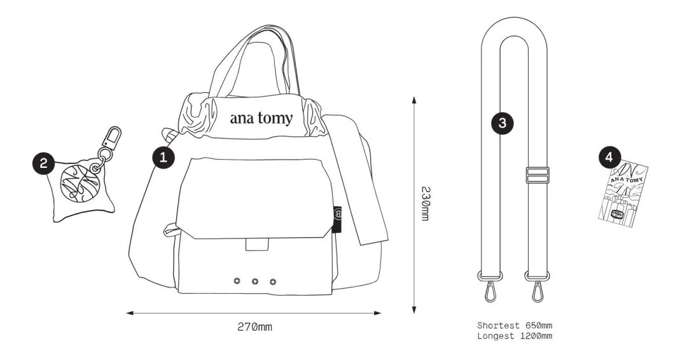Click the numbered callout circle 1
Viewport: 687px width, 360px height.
pos(163,157)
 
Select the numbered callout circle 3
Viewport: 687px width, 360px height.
pos(503,123)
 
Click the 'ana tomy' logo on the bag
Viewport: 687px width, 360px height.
pos(261,118)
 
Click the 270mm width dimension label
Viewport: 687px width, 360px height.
pos(254,327)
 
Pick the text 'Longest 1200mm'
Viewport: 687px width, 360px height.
pos(514,335)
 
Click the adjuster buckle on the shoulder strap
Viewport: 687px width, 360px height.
pos(537,175)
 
